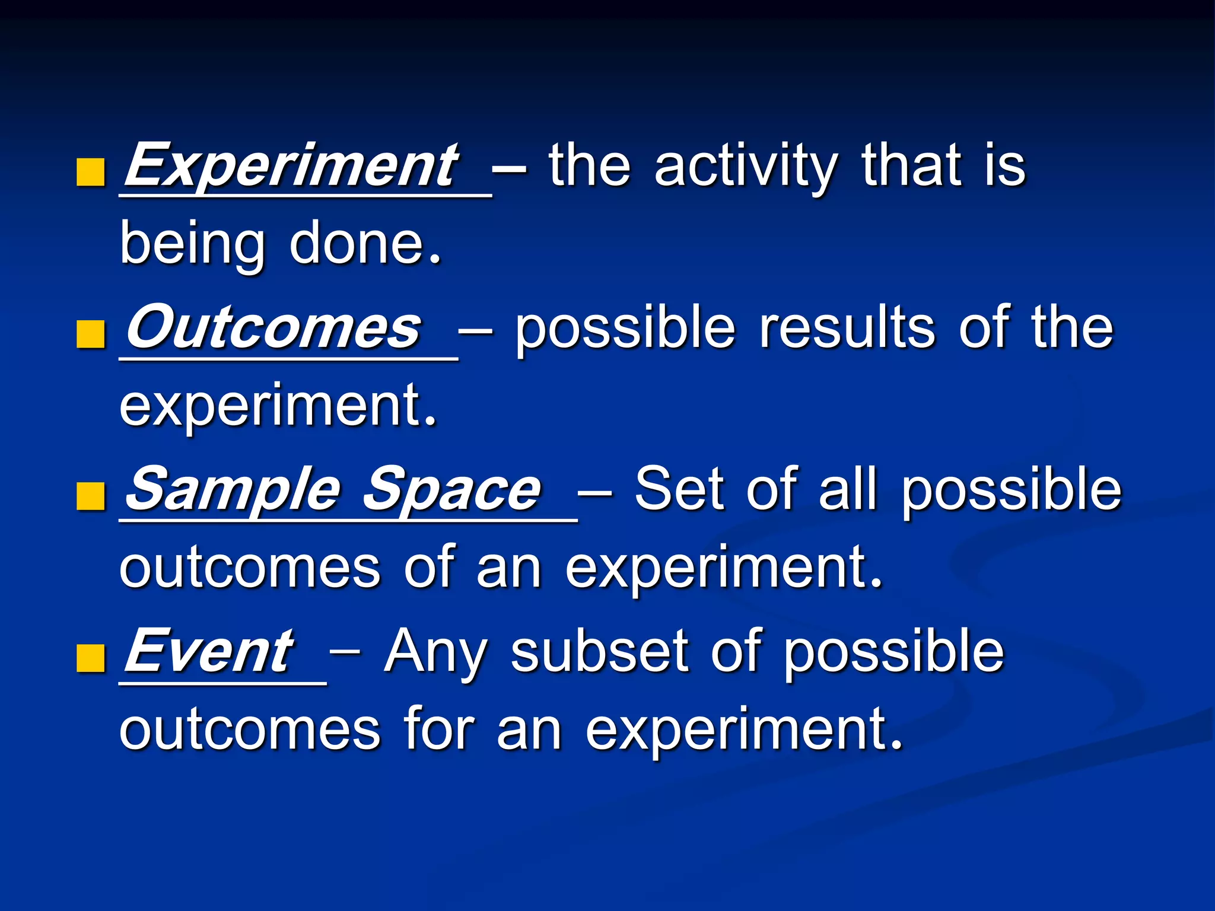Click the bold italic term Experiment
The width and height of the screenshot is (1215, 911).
tap(291, 165)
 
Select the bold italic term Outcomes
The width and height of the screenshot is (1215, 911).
tap(273, 328)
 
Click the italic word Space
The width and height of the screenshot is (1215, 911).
tap(451, 490)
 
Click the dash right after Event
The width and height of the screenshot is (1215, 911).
tap(345, 652)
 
